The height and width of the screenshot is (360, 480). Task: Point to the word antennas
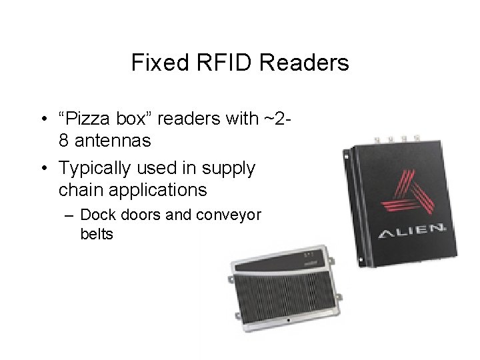tap(113, 141)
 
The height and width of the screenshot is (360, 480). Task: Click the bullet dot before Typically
tap(43, 168)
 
